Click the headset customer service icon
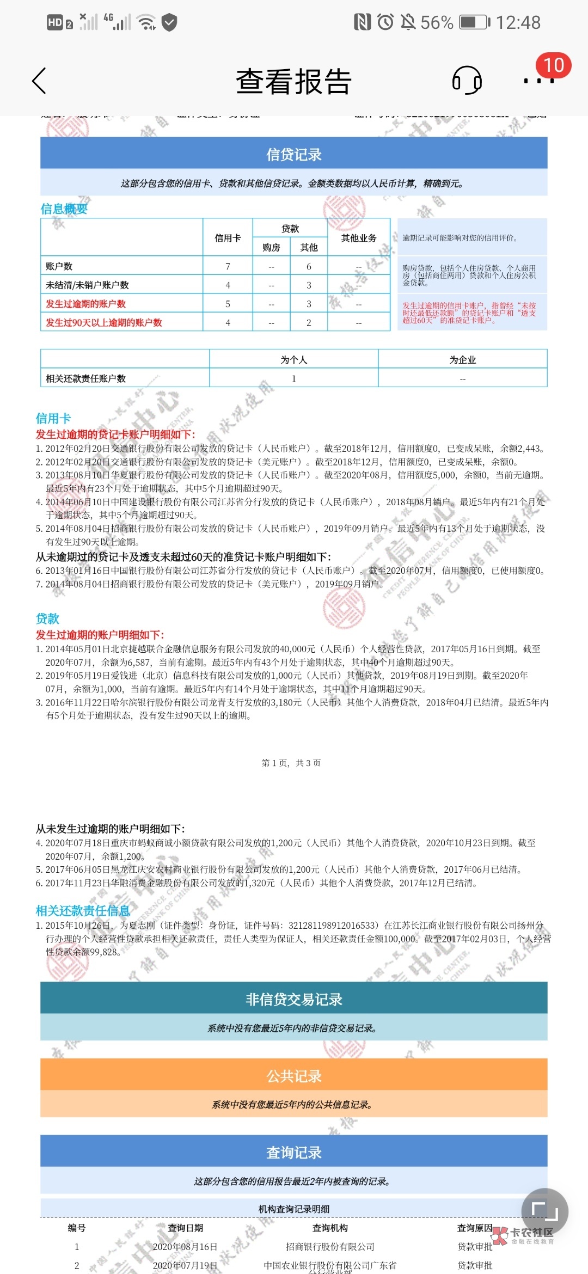pos(467,81)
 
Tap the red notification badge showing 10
pos(553,65)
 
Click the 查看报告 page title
pos(293,82)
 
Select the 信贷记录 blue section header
pos(293,154)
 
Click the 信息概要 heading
pos(64,209)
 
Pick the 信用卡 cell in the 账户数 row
pos(228,266)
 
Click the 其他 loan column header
pos(309,248)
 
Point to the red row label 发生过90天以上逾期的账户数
pos(104,322)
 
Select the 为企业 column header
pos(462,360)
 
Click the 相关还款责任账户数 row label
pos(86,378)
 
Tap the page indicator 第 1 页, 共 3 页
pos(291,763)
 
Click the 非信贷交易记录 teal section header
pos(293,999)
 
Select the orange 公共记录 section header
pos(293,1076)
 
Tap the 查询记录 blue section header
pos(293,1153)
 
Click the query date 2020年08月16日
pos(185,1246)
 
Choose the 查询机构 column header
pos(330,1228)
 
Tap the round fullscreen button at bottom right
pos(544,1211)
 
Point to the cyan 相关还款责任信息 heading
pos(83,910)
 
